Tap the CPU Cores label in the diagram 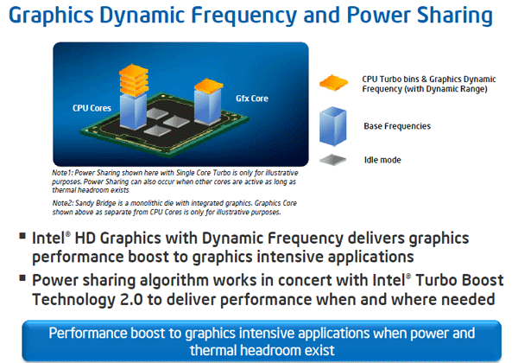[x=91, y=108]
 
